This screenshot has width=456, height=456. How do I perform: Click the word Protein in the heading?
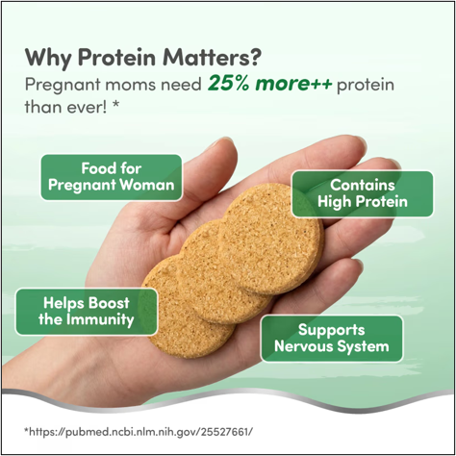[x=117, y=58]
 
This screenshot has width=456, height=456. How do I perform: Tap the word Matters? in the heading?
[x=212, y=58]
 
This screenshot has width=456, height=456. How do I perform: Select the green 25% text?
[x=228, y=84]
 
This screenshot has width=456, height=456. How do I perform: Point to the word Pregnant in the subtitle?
[x=63, y=86]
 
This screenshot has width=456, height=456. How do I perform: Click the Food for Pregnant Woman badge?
[x=112, y=177]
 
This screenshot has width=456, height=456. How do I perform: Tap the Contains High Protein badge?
[x=363, y=193]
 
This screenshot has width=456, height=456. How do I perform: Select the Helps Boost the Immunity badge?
[x=87, y=312]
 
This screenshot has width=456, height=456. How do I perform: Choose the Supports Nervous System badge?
[x=332, y=339]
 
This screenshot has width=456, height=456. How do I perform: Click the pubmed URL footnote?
[x=139, y=432]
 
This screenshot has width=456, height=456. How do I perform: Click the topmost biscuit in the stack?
[x=272, y=239]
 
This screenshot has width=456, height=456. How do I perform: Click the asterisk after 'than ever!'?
[x=115, y=105]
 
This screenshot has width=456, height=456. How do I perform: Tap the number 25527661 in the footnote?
[x=225, y=432]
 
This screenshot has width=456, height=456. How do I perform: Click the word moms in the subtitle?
[x=131, y=85]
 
